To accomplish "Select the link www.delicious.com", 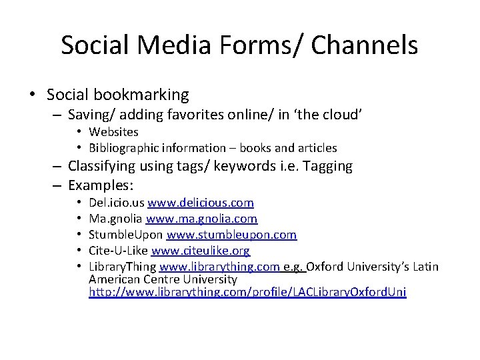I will click(x=201, y=202).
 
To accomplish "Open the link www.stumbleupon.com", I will click(x=231, y=235).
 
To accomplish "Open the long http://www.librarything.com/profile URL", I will click(x=247, y=292).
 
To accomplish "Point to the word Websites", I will click(x=114, y=131).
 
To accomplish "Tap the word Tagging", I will click(x=329, y=165).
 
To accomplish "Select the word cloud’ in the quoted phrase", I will click(x=340, y=114).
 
